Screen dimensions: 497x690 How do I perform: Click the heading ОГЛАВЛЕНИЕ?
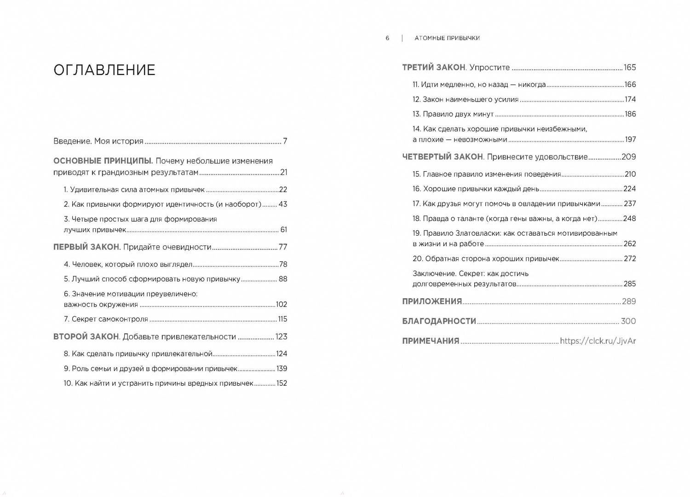click(x=104, y=70)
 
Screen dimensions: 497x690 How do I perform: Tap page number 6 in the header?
click(x=387, y=38)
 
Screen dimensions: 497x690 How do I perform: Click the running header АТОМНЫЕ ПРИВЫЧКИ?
click(x=447, y=38)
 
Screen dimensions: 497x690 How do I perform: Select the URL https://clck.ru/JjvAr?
click(x=598, y=341)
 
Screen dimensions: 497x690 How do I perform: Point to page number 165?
click(x=630, y=68)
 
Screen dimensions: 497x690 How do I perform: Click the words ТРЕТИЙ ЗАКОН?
click(x=434, y=68)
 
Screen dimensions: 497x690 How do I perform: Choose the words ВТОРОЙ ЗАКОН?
click(x=86, y=337)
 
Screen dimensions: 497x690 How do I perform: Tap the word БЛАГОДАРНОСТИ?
click(x=439, y=321)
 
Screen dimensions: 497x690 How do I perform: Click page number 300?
click(x=628, y=321)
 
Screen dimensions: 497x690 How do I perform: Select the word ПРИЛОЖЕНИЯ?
click(x=432, y=301)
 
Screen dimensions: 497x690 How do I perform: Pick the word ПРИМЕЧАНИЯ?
click(x=431, y=341)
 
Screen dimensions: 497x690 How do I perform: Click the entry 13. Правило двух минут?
click(x=453, y=114)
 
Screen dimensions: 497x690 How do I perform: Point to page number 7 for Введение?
click(x=285, y=141)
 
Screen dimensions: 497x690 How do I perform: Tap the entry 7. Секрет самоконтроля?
click(x=106, y=319)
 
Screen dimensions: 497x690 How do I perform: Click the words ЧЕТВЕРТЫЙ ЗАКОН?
click(x=443, y=157)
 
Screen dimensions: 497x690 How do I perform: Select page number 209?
click(x=628, y=157)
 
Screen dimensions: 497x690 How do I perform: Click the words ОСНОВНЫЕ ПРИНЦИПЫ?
click(x=103, y=161)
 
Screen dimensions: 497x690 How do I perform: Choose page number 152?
click(x=282, y=383)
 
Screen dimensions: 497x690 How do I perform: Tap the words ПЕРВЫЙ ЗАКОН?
click(x=86, y=247)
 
